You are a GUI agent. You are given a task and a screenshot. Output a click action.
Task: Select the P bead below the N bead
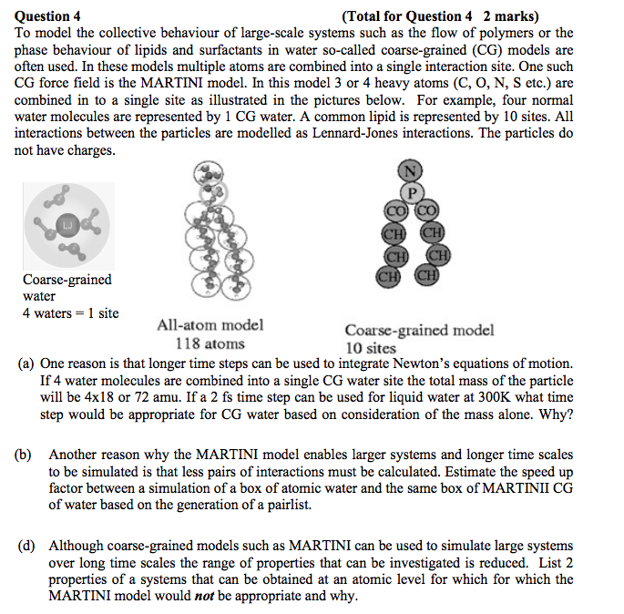tap(413, 192)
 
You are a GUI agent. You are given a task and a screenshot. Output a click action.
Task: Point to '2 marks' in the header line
tap(511, 15)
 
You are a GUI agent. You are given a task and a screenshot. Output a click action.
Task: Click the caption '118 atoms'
tap(210, 343)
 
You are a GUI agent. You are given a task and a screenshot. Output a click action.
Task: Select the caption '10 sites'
tap(371, 348)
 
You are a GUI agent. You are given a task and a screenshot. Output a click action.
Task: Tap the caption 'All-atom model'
tap(210, 325)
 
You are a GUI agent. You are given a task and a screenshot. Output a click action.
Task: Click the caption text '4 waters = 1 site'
tap(70, 313)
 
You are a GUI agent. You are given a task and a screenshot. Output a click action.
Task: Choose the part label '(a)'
tap(27, 363)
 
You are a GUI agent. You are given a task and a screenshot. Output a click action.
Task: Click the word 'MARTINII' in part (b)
tap(516, 487)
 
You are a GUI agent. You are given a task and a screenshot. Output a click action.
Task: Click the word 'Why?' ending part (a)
tap(556, 414)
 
